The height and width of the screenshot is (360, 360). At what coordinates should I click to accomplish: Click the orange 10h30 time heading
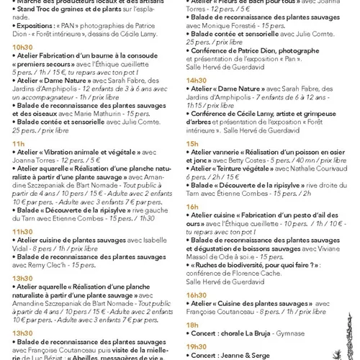pyautogui.click(x=22, y=46)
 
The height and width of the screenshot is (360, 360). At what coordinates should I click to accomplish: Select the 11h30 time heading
pyautogui.click(x=22, y=230)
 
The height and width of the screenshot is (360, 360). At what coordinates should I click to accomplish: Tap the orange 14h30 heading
pyautogui.click(x=197, y=80)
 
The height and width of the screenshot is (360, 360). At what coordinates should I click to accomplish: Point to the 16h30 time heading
pyautogui.click(x=197, y=294)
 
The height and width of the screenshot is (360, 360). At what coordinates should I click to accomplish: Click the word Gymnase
pyautogui.click(x=294, y=335)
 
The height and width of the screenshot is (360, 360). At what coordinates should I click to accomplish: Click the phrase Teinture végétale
pyautogui.click(x=249, y=167)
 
